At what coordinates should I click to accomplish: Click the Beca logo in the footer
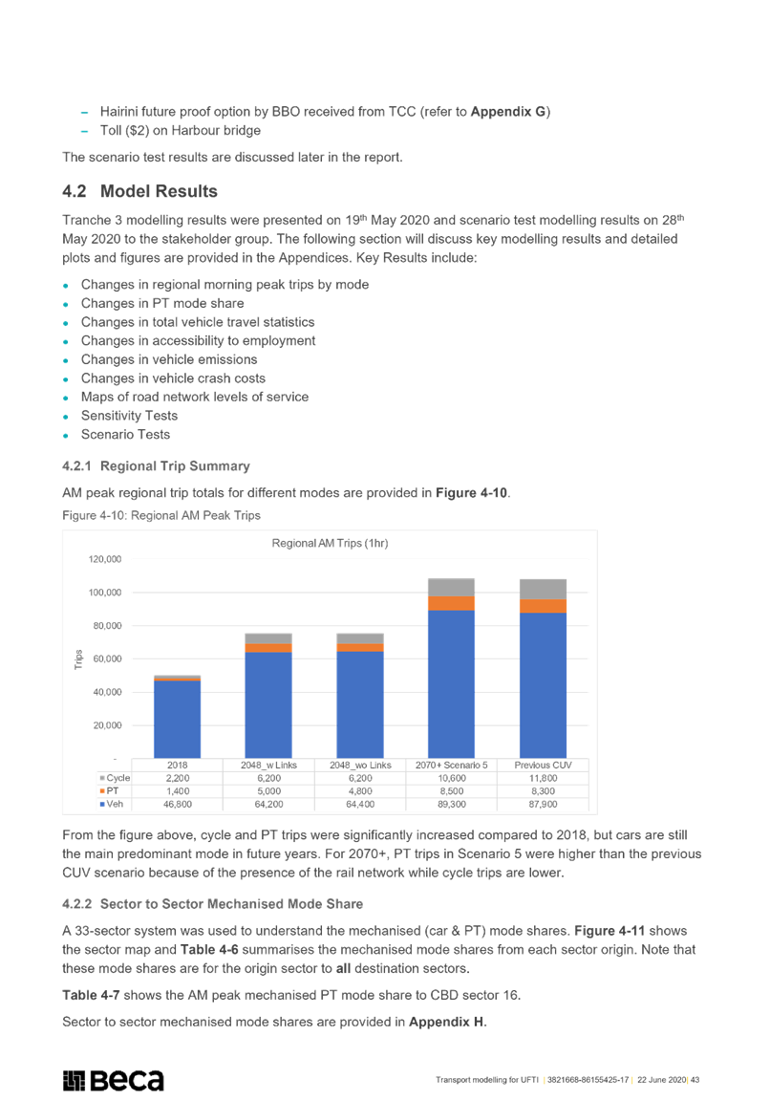pos(113,1081)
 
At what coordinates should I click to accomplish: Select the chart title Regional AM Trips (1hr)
pos(330,543)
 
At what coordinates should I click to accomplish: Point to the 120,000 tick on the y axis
pos(104,560)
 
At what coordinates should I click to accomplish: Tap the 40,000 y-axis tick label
pos(107,692)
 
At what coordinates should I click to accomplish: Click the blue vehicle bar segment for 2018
pos(177,719)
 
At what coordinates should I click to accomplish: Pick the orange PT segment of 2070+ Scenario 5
pos(451,603)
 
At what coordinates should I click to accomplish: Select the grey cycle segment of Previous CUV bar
pos(543,589)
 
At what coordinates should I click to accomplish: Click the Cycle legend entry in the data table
pos(115,778)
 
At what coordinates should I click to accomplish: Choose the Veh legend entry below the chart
pos(112,804)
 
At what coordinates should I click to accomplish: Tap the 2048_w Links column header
pos(268,766)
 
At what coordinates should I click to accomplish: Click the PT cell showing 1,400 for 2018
pos(178,791)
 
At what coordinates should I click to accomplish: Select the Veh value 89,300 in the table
pos(451,804)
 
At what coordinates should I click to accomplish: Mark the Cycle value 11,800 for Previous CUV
pos(543,778)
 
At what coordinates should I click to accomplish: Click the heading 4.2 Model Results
pos(139,191)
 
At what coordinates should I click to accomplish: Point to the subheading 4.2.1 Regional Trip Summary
pos(156,466)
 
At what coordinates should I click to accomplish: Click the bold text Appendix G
pos(508,112)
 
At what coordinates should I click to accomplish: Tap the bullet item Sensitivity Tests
pos(129,416)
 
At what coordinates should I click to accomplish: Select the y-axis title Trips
pos(78,659)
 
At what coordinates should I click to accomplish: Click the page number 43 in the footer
pos(695,1080)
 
